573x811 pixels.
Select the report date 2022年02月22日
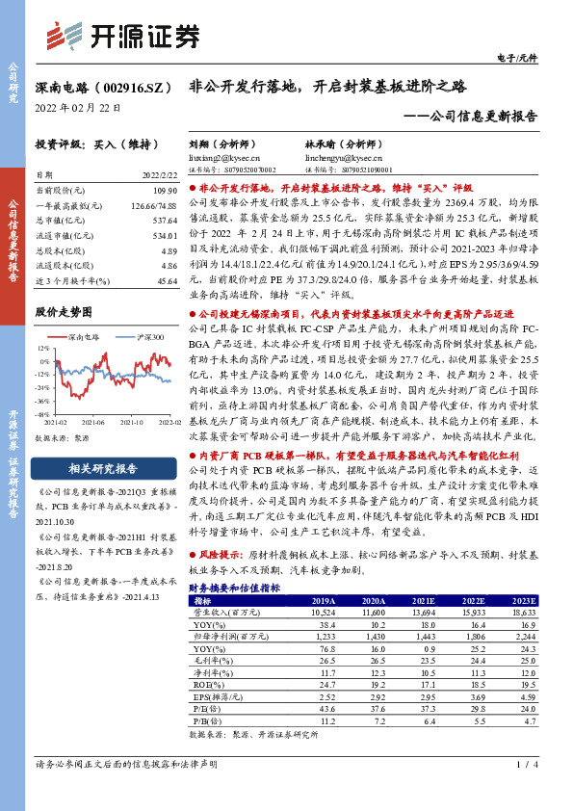tap(76, 107)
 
